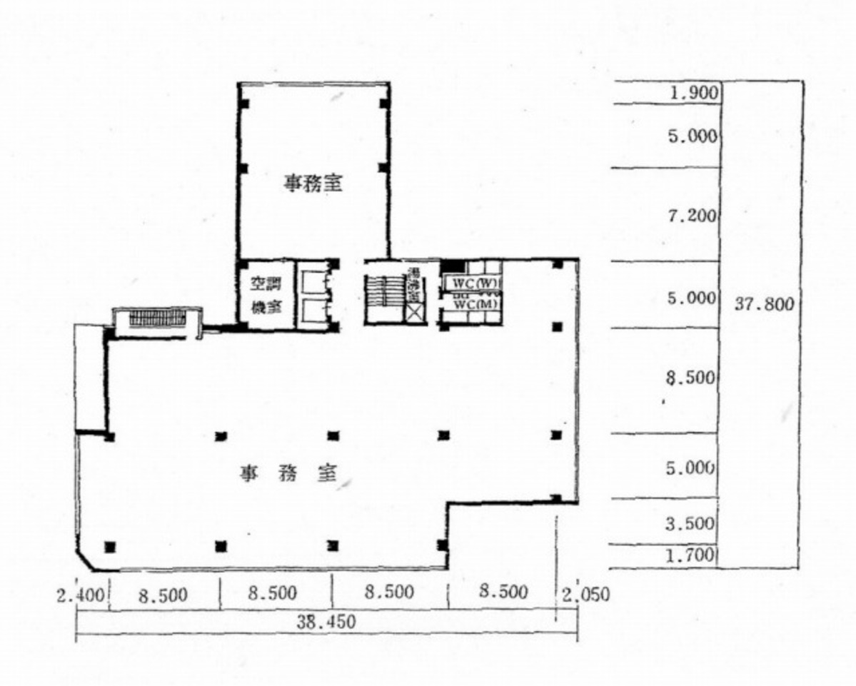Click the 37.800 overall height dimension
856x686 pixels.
[764, 304]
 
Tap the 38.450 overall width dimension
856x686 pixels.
[326, 622]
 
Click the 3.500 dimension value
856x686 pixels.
[690, 523]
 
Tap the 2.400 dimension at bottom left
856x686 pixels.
[83, 593]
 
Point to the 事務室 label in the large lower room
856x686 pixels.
[288, 473]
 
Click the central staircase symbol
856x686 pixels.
[384, 293]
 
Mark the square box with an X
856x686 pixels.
[415, 312]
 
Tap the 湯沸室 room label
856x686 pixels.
[413, 284]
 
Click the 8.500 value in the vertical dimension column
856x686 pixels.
[690, 378]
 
